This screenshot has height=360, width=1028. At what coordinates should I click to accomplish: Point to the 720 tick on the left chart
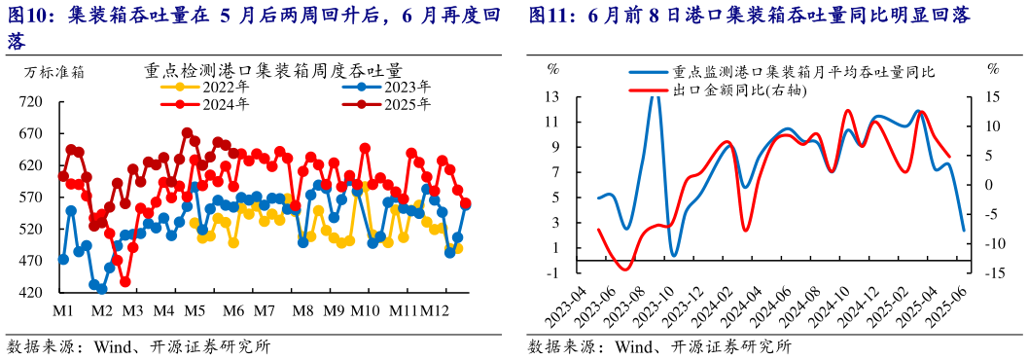tap(31, 102)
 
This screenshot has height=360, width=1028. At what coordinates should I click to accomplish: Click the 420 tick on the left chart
tap(31, 293)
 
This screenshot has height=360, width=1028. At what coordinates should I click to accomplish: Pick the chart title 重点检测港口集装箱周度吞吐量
tap(273, 71)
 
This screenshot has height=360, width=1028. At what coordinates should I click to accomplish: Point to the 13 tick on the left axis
tap(551, 96)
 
